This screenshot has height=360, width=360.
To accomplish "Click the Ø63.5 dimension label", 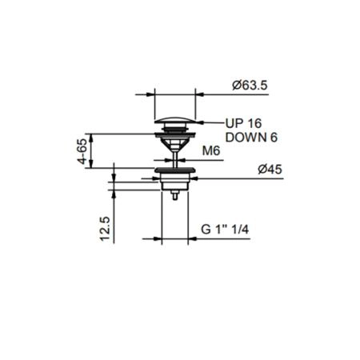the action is pyautogui.click(x=250, y=86).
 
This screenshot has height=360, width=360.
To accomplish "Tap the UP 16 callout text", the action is pyautogui.click(x=244, y=123).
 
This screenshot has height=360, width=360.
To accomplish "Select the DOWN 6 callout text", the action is pyautogui.click(x=251, y=138).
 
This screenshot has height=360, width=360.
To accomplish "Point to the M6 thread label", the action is pyautogui.click(x=211, y=151).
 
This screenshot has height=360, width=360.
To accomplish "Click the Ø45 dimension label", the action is pyautogui.click(x=270, y=170).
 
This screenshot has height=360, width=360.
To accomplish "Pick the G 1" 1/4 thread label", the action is pyautogui.click(x=225, y=230).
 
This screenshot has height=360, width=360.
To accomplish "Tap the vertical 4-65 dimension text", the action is pyautogui.click(x=82, y=151).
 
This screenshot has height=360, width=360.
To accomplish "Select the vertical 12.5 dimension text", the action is pyautogui.click(x=105, y=229).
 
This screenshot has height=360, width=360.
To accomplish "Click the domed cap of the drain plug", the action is pyautogui.click(x=175, y=120).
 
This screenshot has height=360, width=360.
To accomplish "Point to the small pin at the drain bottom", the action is pyautogui.click(x=175, y=195).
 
